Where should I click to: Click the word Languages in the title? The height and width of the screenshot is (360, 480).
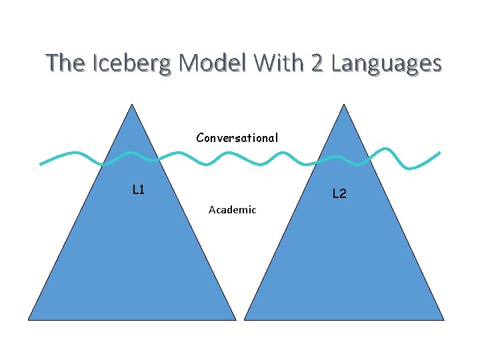pyautogui.click(x=386, y=64)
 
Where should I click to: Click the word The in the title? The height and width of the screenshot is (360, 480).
pyautogui.click(x=65, y=63)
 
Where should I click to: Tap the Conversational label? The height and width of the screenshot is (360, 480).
pyautogui.click(x=237, y=138)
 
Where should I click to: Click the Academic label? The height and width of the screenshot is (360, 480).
pyautogui.click(x=232, y=210)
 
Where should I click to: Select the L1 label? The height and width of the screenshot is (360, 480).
pyautogui.click(x=139, y=190)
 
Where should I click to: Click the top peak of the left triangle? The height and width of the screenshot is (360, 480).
pyautogui.click(x=132, y=105)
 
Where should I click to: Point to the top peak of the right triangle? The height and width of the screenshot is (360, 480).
pyautogui.click(x=344, y=105)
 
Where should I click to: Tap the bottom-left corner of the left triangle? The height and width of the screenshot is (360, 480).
pyautogui.click(x=29, y=319)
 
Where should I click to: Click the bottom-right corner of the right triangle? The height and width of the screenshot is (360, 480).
pyautogui.click(x=444, y=319)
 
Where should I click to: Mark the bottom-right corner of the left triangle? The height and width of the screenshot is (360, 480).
pyautogui.click(x=235, y=319)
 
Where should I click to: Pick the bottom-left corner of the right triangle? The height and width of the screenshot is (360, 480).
pyautogui.click(x=245, y=319)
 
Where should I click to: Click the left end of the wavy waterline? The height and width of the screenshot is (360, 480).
pyautogui.click(x=41, y=163)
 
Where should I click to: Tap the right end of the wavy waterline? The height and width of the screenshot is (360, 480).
pyautogui.click(x=439, y=153)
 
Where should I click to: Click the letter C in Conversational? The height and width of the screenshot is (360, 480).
pyautogui.click(x=200, y=138)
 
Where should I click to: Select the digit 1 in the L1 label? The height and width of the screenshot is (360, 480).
pyautogui.click(x=142, y=190)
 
